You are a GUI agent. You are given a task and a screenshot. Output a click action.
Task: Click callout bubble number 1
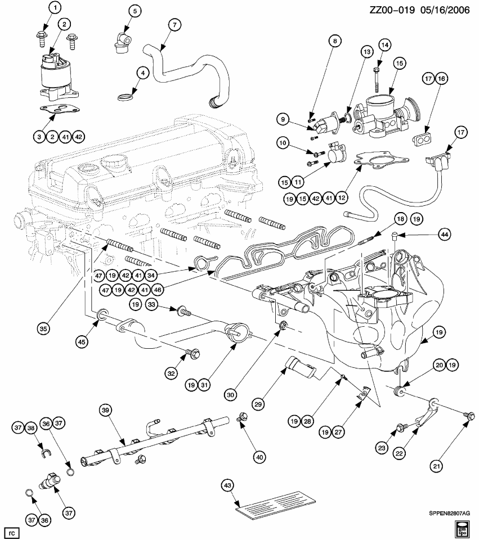pyautogui.click(x=55, y=8)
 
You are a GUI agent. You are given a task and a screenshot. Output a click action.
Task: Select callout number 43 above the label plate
pyautogui.click(x=227, y=485)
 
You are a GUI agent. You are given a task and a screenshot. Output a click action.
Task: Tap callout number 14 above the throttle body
pyautogui.click(x=384, y=44)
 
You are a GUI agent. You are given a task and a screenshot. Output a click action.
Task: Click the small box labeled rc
pyautogui.click(x=11, y=530)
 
